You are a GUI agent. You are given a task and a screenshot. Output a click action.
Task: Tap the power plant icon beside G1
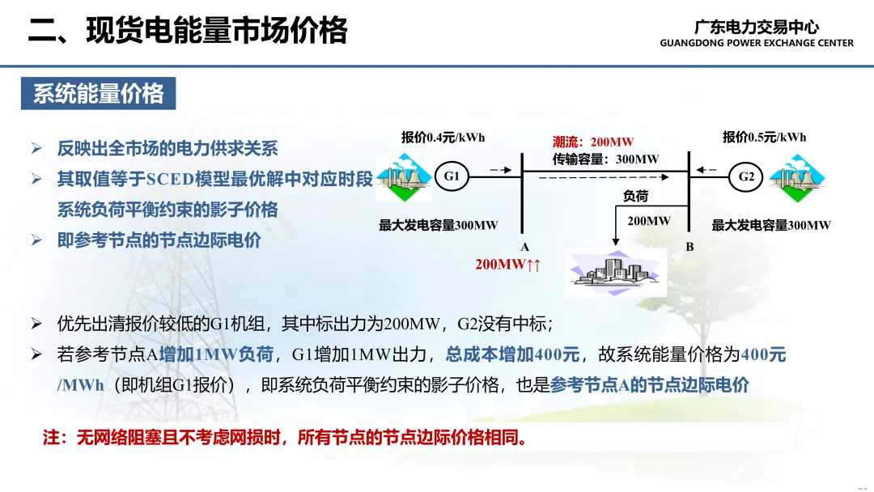[x=404, y=177]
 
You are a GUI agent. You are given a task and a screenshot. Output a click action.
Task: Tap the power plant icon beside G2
[x=796, y=178]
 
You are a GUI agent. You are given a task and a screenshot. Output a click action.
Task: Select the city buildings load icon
[x=615, y=273]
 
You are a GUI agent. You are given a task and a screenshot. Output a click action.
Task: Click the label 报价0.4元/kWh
[x=443, y=138]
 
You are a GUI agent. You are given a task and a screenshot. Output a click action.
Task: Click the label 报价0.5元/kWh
[x=764, y=137]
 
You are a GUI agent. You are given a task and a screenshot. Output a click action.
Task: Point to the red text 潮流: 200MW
[x=593, y=142]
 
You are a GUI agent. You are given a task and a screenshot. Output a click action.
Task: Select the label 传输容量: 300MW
[x=605, y=159]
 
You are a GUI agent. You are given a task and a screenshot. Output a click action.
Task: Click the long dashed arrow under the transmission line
[x=604, y=177]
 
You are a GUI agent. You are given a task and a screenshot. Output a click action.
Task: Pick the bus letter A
[x=524, y=247]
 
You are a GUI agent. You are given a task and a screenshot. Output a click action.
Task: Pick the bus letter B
[x=689, y=246]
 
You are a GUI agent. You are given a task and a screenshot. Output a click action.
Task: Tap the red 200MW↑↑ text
[x=507, y=264]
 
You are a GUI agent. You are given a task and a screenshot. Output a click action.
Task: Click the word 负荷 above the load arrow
[x=635, y=196]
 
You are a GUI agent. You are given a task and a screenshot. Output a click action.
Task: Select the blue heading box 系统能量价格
[x=99, y=93]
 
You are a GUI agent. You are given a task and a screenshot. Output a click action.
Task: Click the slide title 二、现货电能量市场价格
[x=188, y=30]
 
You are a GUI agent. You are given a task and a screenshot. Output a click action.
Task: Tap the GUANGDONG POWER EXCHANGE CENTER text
[x=757, y=43]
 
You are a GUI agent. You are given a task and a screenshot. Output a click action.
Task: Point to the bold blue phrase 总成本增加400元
[x=513, y=354]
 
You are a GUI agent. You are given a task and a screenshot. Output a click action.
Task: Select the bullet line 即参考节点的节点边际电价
[x=159, y=240]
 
